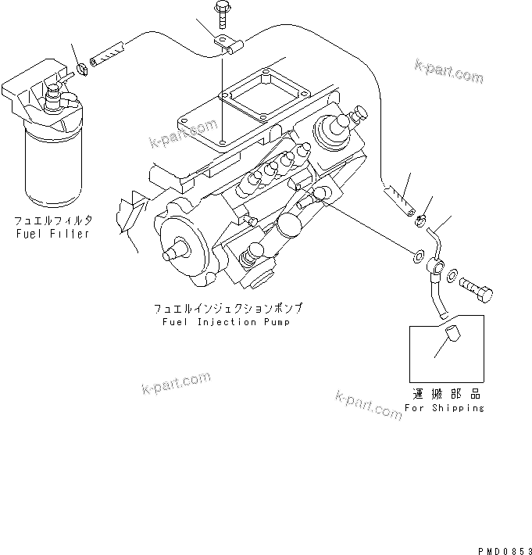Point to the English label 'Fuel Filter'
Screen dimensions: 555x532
pyautogui.click(x=51, y=234)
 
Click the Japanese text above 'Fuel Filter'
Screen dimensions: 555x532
pyautogui.click(x=51, y=221)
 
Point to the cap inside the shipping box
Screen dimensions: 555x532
pyautogui.click(x=449, y=341)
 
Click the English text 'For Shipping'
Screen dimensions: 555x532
pyautogui.click(x=445, y=408)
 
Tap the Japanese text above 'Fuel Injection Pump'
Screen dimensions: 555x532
pyautogui.click(x=227, y=309)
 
